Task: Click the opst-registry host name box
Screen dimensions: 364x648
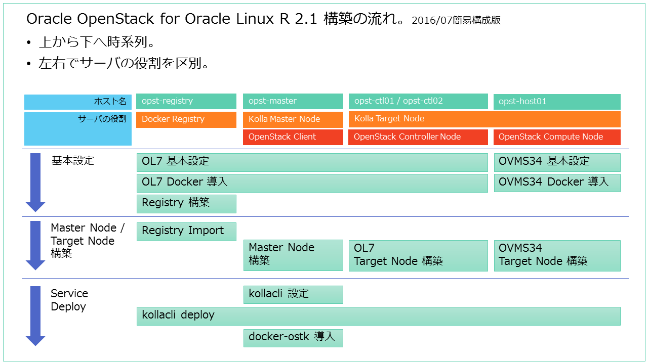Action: (x=186, y=101)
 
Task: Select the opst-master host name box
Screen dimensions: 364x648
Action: (x=293, y=101)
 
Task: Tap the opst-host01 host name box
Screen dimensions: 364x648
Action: (x=557, y=102)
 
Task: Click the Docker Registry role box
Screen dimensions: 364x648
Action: (x=186, y=119)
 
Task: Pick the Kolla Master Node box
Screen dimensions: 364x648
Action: (x=293, y=119)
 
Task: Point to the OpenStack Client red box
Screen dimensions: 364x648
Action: (x=293, y=137)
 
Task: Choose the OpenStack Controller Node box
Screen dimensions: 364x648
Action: (x=418, y=137)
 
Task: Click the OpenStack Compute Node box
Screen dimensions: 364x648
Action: (x=557, y=137)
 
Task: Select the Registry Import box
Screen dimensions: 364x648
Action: (x=186, y=231)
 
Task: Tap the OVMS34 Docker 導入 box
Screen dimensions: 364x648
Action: (x=557, y=183)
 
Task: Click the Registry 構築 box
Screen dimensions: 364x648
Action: (x=186, y=203)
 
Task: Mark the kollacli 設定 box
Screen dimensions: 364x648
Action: (x=293, y=294)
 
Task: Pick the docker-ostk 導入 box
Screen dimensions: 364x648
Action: (x=293, y=337)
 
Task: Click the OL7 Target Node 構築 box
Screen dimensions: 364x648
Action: (x=418, y=255)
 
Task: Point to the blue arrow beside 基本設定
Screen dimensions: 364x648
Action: (x=35, y=182)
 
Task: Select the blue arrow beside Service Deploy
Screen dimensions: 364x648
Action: (x=35, y=315)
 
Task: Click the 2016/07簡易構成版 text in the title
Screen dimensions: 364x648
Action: (x=456, y=21)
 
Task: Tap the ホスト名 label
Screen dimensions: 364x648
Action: (x=110, y=102)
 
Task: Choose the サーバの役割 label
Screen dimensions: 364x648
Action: (x=102, y=119)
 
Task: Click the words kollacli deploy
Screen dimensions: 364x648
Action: (x=178, y=315)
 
